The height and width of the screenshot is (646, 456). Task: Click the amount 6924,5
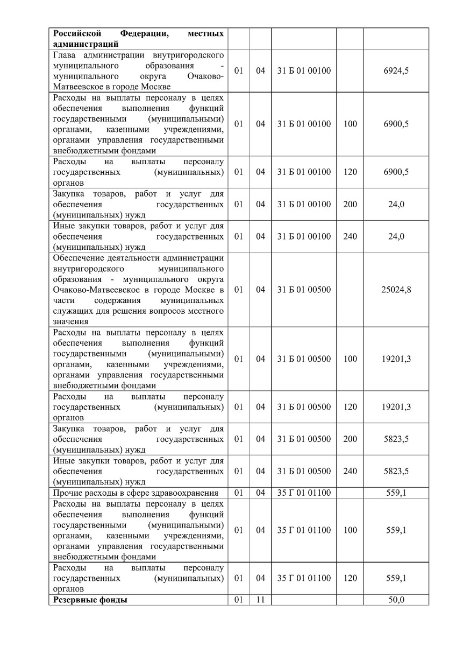(x=396, y=71)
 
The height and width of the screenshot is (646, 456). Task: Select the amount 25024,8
(x=396, y=290)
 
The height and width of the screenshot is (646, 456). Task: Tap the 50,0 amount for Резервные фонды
(x=396, y=600)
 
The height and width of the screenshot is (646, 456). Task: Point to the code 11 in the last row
(x=260, y=600)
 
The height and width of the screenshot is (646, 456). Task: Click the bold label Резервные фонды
(x=90, y=600)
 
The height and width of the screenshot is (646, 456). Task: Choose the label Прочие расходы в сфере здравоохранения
(x=136, y=493)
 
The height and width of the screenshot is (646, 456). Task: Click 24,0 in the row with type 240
(x=396, y=236)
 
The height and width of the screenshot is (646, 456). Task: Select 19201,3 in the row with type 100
(x=396, y=359)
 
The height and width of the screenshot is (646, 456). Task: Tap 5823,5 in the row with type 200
(x=396, y=439)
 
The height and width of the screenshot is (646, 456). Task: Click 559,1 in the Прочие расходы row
(x=396, y=493)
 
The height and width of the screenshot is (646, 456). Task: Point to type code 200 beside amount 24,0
(x=350, y=205)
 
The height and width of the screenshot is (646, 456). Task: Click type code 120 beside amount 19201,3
(x=350, y=407)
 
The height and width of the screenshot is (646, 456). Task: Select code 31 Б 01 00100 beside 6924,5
(x=304, y=71)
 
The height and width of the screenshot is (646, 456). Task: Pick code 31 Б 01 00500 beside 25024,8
(x=304, y=290)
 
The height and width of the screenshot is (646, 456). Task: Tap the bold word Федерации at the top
(x=144, y=34)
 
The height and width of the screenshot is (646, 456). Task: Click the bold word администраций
(x=86, y=44)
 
